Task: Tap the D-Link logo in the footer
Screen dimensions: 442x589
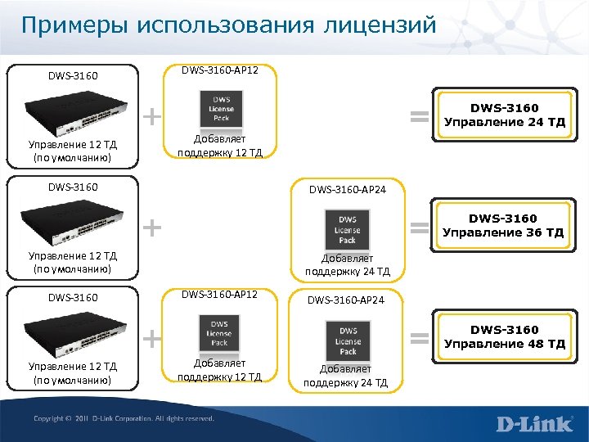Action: tap(536, 424)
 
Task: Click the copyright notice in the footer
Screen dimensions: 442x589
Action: tap(124, 418)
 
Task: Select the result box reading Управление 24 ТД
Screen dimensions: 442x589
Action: tap(504, 115)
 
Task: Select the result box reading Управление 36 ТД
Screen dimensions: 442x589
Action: tap(504, 226)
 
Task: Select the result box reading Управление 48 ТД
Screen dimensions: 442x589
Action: tap(504, 336)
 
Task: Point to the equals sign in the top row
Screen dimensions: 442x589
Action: tap(419, 117)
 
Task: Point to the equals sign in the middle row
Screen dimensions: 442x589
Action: tap(419, 227)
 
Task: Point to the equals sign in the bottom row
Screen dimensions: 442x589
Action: tap(419, 336)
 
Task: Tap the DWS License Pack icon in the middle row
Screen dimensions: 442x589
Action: tap(348, 230)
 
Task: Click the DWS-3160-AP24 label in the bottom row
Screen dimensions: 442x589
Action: tap(347, 300)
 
